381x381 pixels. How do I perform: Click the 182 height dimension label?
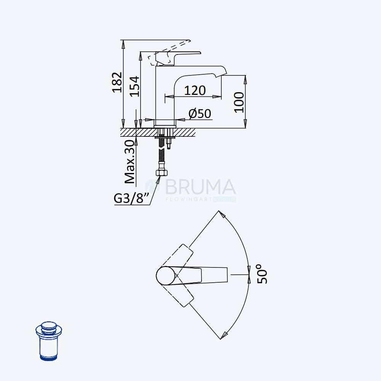pyautogui.click(x=117, y=82)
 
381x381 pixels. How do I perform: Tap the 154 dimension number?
pyautogui.click(x=134, y=86)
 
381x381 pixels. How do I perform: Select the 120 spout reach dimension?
pyautogui.click(x=195, y=91)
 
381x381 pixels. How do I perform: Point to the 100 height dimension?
pyautogui.click(x=239, y=102)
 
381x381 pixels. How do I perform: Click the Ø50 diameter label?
pyautogui.click(x=200, y=114)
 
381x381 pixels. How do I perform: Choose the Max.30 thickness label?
pyautogui.click(x=130, y=162)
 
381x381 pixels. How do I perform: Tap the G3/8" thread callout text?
pyautogui.click(x=131, y=198)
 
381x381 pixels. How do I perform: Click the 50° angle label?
pyautogui.click(x=262, y=274)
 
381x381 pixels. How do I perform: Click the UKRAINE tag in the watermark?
pyautogui.click(x=225, y=199)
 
